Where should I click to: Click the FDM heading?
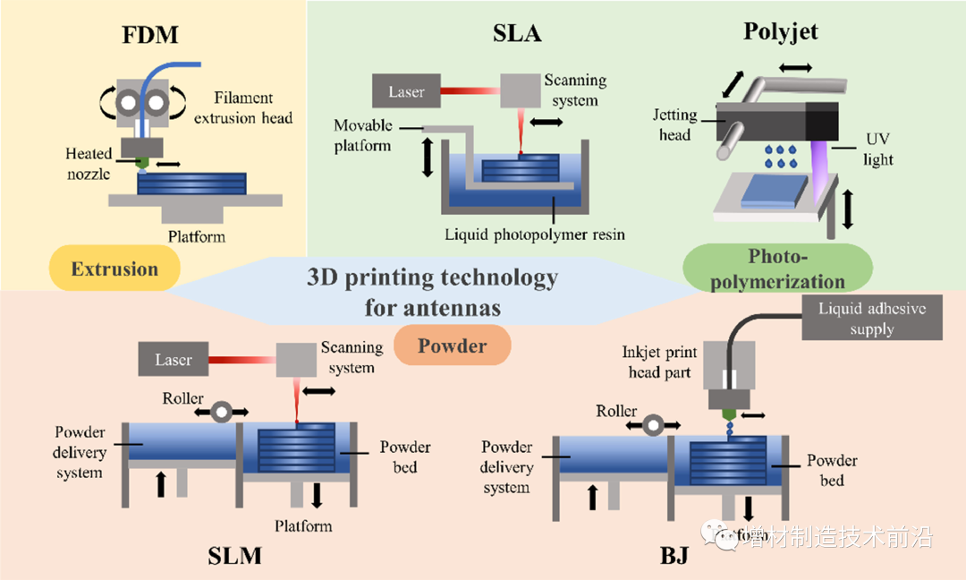pos(150,35)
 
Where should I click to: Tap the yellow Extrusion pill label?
pos(114,269)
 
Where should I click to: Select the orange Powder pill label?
pos(452,345)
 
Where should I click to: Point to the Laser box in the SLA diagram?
pos(407,91)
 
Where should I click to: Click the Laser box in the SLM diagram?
pos(174,360)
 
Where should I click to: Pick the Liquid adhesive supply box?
pos(872,320)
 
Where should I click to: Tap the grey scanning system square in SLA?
pos(519,90)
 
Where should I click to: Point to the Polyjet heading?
pos(781,33)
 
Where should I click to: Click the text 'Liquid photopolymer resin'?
pos(535,235)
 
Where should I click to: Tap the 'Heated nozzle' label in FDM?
pos(88,164)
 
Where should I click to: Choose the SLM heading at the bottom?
pos(235,556)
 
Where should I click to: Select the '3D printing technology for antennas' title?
pos(432,293)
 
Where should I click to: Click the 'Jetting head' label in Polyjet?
pos(675,124)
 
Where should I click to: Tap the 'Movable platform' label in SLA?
pos(363,135)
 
